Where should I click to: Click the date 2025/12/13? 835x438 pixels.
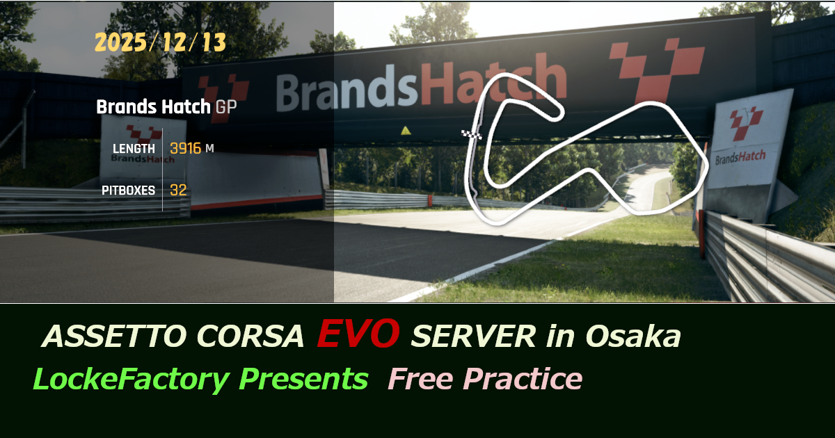point(160,43)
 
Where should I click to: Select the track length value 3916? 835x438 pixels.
point(185,148)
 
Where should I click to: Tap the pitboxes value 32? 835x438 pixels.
point(178,190)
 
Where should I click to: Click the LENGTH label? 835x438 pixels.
point(134,149)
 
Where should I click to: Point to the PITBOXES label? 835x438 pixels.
point(129,190)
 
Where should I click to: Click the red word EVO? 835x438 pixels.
point(358,334)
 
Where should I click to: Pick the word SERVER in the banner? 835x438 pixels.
point(473,337)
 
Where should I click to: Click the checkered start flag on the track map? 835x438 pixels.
point(472,133)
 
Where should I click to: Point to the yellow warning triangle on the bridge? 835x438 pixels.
point(405,130)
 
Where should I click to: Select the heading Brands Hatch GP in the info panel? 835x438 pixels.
point(165,107)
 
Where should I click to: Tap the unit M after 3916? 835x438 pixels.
point(209,149)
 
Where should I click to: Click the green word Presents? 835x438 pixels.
point(303,380)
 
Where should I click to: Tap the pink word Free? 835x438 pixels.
point(420,380)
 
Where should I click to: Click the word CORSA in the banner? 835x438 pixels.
point(255,337)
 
